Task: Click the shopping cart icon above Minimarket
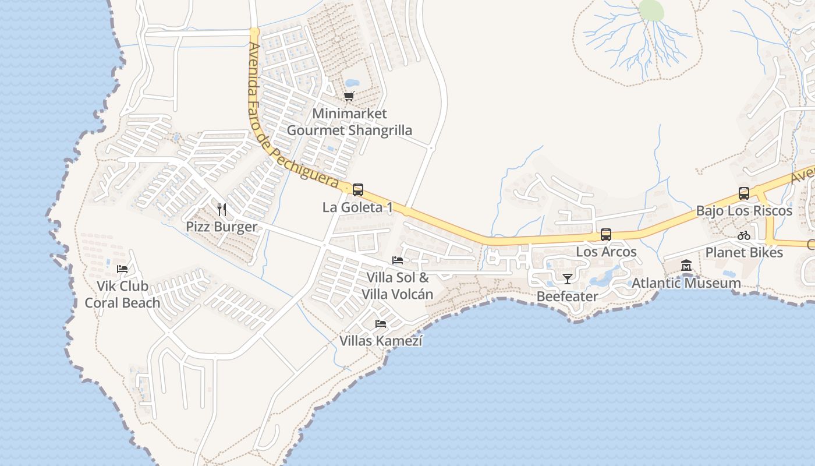pyautogui.click(x=349, y=96)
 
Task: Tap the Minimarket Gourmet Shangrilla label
pyautogui.click(x=349, y=122)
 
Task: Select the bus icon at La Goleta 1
pyautogui.click(x=358, y=189)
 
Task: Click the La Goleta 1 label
pyautogui.click(x=357, y=207)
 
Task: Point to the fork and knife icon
pyautogui.click(x=221, y=209)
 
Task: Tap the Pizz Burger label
pyautogui.click(x=221, y=227)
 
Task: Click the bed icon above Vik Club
pyautogui.click(x=122, y=269)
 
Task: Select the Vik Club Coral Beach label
pyautogui.click(x=122, y=295)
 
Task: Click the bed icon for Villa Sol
pyautogui.click(x=398, y=260)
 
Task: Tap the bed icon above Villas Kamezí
pyautogui.click(x=381, y=323)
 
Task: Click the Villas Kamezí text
pyautogui.click(x=381, y=341)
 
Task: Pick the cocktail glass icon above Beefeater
pyautogui.click(x=567, y=279)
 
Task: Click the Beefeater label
pyautogui.click(x=567, y=296)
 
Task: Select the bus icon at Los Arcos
pyautogui.click(x=606, y=235)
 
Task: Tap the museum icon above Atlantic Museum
pyautogui.click(x=686, y=266)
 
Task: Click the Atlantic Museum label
pyautogui.click(x=686, y=283)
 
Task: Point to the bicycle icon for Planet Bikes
pyautogui.click(x=744, y=235)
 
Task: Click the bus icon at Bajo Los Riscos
pyautogui.click(x=744, y=193)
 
